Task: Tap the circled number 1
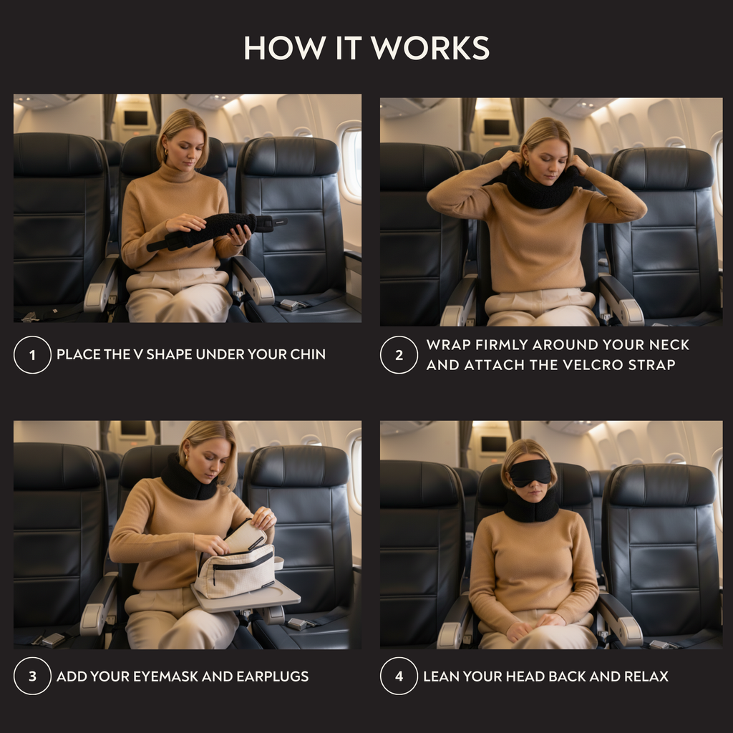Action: point(32,354)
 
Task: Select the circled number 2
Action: point(399,354)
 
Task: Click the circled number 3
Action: point(32,676)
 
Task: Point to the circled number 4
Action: point(399,676)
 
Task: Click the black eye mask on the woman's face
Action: point(530,472)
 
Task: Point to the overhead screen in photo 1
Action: point(135,118)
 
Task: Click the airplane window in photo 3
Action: point(354,472)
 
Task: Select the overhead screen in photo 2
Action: point(496,127)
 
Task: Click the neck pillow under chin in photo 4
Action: point(531,508)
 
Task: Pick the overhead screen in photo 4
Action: point(493,444)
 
